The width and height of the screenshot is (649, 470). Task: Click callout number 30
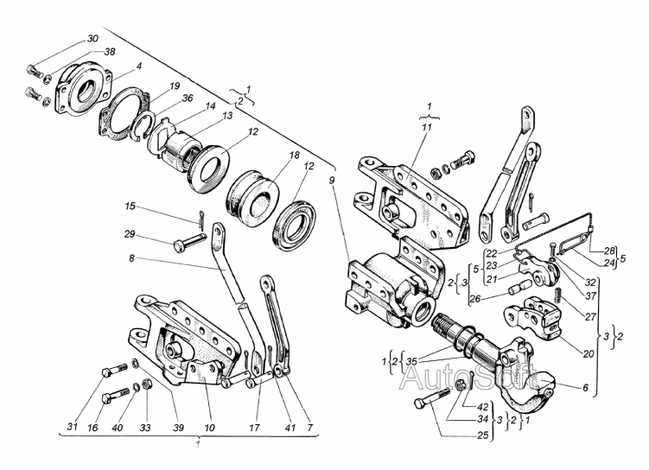[x=92, y=39]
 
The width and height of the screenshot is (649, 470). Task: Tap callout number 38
[x=109, y=52]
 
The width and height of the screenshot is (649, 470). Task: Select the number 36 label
[x=187, y=98]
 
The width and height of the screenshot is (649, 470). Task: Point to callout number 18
[x=294, y=156]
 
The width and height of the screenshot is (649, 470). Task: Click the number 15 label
[x=130, y=206]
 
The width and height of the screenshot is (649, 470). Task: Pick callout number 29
[x=130, y=234]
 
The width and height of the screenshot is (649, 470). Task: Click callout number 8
[x=131, y=258]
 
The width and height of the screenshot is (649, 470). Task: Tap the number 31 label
[x=73, y=427]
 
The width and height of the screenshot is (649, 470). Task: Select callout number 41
[x=290, y=427]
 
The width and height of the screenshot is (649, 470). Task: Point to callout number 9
[x=332, y=181]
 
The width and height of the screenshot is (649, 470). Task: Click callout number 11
[x=426, y=127]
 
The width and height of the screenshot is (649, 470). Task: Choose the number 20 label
[x=589, y=353]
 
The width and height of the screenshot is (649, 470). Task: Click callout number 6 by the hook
[x=585, y=388]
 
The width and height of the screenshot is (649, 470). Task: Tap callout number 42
[x=482, y=407]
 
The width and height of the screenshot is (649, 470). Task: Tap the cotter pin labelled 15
[x=200, y=219]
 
